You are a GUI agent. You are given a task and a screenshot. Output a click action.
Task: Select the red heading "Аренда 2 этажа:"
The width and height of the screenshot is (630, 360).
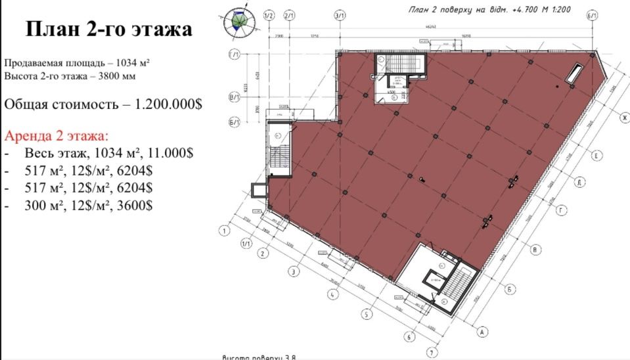56,137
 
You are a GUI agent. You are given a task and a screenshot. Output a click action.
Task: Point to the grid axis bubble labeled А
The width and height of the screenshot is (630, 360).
482,332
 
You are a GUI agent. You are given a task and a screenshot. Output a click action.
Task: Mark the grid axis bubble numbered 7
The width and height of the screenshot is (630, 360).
431,351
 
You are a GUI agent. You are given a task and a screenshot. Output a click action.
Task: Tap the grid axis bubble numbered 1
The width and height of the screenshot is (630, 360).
225,231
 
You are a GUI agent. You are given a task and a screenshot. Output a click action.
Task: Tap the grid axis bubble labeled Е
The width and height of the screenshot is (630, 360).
597,156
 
